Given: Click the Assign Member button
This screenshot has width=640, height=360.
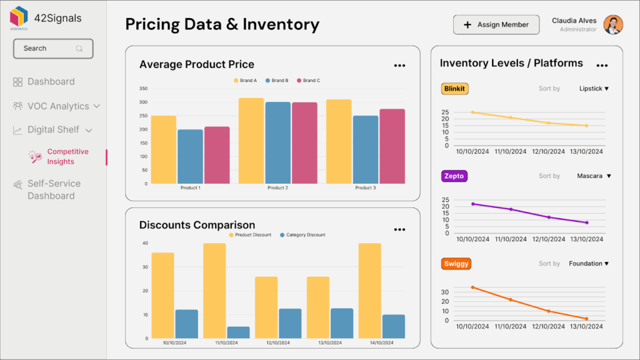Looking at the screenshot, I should pos(496,25).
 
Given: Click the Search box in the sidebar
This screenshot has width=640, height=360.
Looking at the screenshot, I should pos(53,49).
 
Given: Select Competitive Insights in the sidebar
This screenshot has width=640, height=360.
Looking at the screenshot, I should pos(67,157).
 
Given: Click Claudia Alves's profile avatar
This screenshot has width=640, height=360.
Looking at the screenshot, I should pos(613,25).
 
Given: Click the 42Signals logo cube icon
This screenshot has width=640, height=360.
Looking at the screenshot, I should pos(19,17).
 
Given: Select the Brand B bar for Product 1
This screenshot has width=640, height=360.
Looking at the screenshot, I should pos(190,156).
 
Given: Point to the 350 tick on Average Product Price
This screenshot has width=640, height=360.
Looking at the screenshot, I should pos(143,89).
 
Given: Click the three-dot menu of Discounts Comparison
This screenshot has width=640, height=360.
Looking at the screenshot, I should pos(399,229).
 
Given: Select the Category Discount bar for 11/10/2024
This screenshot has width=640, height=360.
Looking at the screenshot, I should pos(237,332).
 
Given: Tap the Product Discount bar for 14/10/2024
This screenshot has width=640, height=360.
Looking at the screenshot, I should pos(369,291).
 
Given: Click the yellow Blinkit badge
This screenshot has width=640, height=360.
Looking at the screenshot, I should pos(454,89).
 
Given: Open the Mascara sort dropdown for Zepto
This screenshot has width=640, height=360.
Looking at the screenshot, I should pos(594,176).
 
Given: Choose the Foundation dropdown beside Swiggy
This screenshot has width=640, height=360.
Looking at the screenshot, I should pos(589,264).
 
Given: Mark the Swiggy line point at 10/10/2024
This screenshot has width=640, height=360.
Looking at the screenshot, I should pos(472,287).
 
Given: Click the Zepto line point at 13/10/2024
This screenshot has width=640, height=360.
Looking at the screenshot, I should pos(587,222).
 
